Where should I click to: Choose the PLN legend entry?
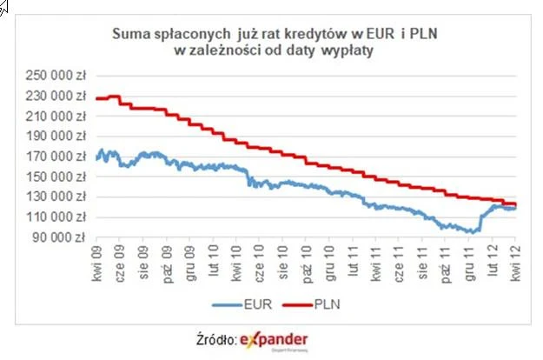tap(320, 304)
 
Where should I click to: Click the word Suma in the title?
tap(130, 36)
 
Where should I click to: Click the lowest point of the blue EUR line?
tap(471, 232)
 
